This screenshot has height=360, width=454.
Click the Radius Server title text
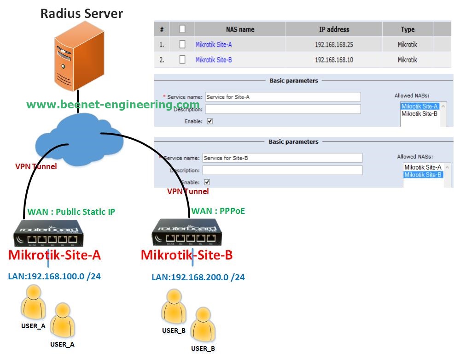[81, 13]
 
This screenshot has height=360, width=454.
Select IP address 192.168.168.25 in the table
[334, 45]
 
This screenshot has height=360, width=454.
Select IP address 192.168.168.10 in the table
[334, 60]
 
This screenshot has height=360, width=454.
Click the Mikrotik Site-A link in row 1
[214, 45]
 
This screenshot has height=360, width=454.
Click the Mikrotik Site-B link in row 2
[214, 60]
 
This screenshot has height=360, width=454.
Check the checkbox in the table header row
[182, 29]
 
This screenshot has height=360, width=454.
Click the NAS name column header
[240, 30]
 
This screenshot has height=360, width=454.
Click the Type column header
[407, 30]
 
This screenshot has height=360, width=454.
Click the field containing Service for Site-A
[282, 97]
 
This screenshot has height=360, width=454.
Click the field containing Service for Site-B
[282, 158]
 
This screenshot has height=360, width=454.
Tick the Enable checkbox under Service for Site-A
[210, 121]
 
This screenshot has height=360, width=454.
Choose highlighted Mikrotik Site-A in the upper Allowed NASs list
[419, 106]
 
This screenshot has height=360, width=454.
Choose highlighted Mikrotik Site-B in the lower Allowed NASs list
[423, 175]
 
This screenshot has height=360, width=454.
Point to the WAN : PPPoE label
[218, 211]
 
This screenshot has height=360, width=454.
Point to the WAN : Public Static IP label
[71, 212]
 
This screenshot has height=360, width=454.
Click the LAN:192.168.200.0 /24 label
[198, 277]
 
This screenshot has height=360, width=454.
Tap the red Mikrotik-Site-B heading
[186, 255]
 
